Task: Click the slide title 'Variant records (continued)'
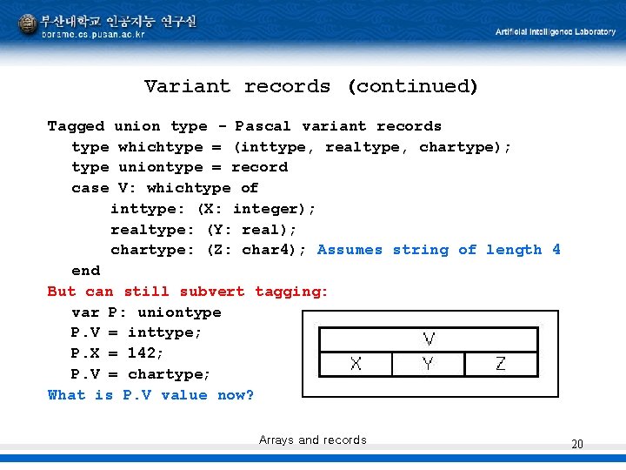[x=311, y=86]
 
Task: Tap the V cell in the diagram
[x=429, y=339]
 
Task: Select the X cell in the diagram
[x=356, y=364]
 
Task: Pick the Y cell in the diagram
[x=428, y=364]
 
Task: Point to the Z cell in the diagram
[x=500, y=364]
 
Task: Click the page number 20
[x=577, y=445]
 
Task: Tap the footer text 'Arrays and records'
[x=313, y=440]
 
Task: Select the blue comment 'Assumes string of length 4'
[x=439, y=250]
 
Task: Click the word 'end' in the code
[x=85, y=271]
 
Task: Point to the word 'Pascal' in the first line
[x=263, y=126]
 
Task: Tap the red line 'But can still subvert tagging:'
[x=188, y=292]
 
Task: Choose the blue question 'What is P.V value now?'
[x=151, y=395]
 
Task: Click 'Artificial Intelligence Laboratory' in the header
[x=556, y=32]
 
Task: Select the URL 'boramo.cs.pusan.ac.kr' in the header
[x=94, y=35]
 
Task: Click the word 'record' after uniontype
[x=259, y=167]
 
